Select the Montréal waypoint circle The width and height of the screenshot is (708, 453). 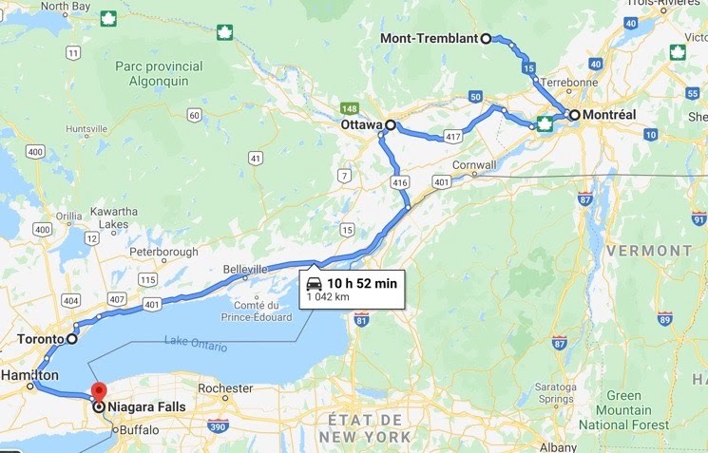click(x=575, y=114)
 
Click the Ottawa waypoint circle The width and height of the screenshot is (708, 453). click(x=390, y=124)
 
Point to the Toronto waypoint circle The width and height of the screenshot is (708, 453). click(x=71, y=338)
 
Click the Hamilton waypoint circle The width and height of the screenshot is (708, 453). click(x=32, y=387)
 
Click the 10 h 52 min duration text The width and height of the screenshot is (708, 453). click(x=362, y=283)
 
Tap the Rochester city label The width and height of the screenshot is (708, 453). click(x=226, y=388)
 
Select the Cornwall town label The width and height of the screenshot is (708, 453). click(x=475, y=164)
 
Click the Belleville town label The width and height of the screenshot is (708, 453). click(x=245, y=270)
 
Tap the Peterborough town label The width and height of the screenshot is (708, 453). click(x=163, y=252)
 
